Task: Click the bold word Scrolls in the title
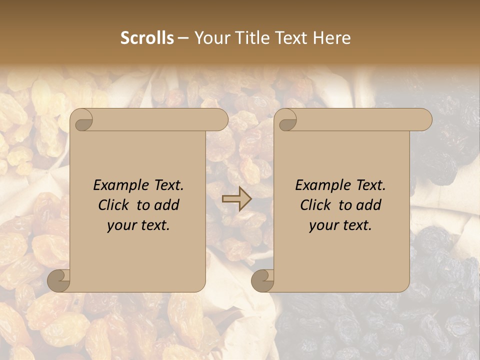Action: point(147,38)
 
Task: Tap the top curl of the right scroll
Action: point(286,120)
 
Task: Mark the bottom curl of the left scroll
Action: point(59,280)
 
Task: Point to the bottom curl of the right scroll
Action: point(262,280)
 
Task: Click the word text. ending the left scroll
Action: point(154,225)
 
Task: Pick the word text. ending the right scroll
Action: point(356,225)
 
